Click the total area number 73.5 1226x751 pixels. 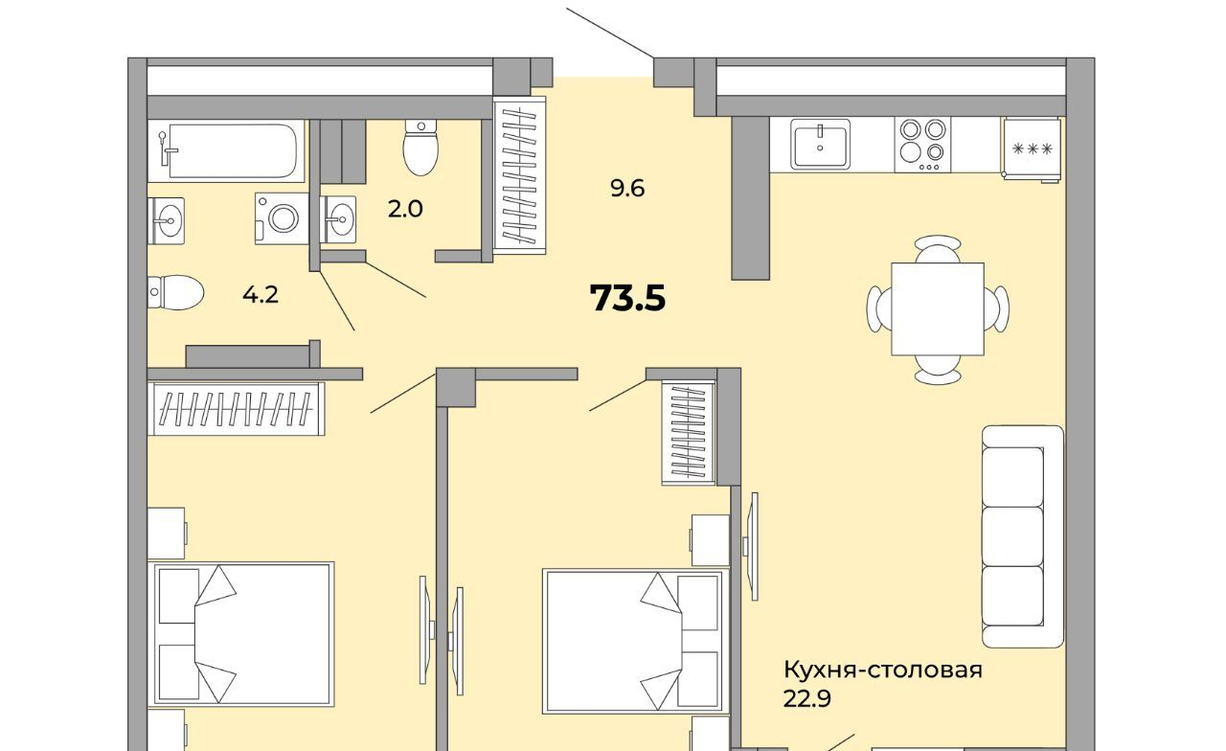coord(627,298)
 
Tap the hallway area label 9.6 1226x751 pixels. coord(627,189)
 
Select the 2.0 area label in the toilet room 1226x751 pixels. coord(405,209)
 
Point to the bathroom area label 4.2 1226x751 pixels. coord(261,295)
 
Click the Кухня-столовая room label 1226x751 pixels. coord(883,670)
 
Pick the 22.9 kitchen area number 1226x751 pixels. coord(806,699)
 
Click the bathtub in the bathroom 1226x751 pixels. coord(226,150)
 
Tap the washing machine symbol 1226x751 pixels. coord(282,217)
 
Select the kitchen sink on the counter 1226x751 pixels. coord(820,144)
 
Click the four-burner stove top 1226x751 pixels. coord(922,145)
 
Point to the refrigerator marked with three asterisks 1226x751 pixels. coord(1033,148)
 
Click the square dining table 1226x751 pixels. coord(938,309)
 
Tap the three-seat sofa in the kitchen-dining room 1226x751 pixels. coord(1022,536)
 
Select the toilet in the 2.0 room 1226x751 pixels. coord(420,148)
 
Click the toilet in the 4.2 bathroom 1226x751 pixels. coord(175,292)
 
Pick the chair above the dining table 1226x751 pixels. coord(938,249)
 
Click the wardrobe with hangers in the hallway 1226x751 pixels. coord(519,175)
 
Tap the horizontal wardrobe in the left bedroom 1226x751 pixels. coord(236,409)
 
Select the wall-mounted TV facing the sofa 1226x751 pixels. coord(752,547)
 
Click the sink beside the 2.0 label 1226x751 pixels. coord(338,219)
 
